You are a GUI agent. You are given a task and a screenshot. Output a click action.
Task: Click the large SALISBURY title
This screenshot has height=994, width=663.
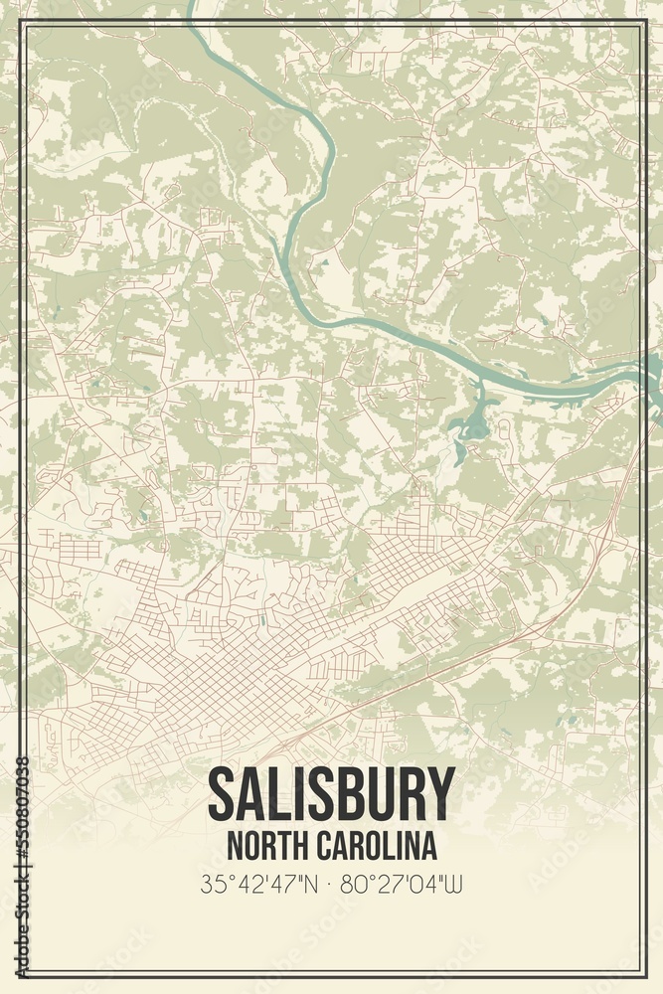point(331,794)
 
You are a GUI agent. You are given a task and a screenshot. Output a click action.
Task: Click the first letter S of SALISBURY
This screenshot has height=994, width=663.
point(224,794)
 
